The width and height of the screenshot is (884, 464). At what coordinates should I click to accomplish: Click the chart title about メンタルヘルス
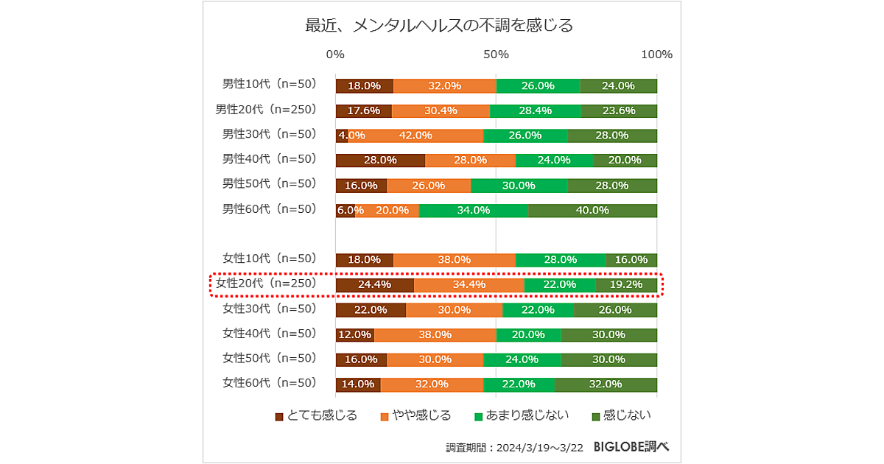click(x=439, y=27)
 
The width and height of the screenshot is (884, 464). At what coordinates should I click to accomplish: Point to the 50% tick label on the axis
click(x=497, y=55)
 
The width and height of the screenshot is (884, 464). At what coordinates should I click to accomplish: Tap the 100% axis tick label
click(x=656, y=55)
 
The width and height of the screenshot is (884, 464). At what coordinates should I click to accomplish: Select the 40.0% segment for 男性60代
click(x=592, y=210)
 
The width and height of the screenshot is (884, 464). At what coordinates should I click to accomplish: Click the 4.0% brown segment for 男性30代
click(x=342, y=136)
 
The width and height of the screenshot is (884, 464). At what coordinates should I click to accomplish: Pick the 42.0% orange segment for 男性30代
click(x=415, y=136)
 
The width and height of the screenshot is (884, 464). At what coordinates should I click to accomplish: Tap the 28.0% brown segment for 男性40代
click(x=380, y=160)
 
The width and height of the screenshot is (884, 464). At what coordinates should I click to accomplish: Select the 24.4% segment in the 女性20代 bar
click(x=375, y=284)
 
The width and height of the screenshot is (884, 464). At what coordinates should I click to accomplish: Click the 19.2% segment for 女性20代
click(x=626, y=284)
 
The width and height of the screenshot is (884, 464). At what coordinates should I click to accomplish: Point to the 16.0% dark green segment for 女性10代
click(x=631, y=259)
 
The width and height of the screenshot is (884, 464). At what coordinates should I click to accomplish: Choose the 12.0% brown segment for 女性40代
click(x=355, y=334)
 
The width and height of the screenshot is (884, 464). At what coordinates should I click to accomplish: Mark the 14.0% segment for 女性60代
click(x=358, y=384)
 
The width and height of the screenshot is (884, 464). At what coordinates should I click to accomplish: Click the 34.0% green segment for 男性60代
click(x=474, y=210)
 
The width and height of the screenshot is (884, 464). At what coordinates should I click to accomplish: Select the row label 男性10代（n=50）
click(x=270, y=85)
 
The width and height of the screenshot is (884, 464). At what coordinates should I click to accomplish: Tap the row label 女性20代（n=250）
click(x=266, y=284)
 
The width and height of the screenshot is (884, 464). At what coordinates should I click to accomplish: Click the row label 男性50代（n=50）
click(x=270, y=183)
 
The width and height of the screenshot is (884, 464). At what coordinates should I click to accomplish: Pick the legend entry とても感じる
click(x=316, y=415)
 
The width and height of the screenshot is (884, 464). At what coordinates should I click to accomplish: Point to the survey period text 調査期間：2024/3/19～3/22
click(x=515, y=447)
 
